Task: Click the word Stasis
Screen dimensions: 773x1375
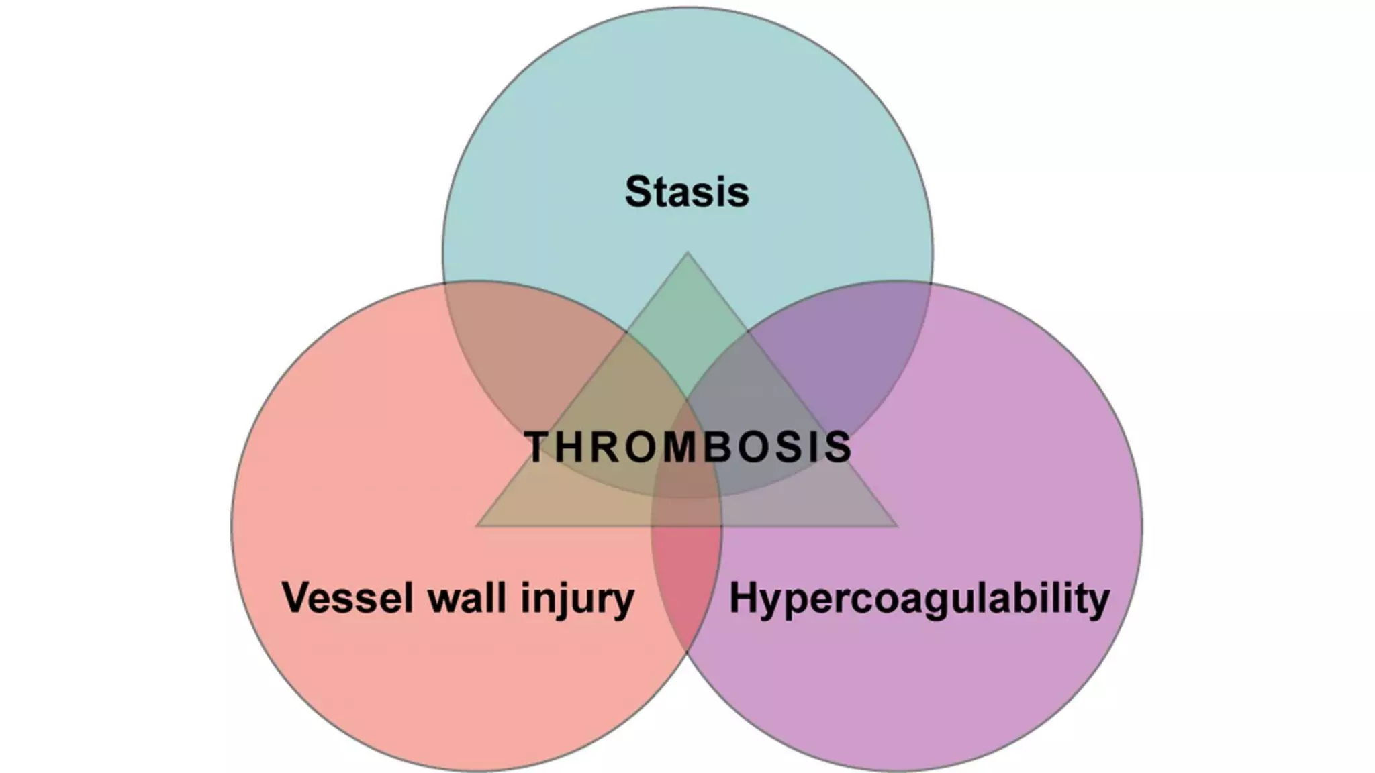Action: coord(687,191)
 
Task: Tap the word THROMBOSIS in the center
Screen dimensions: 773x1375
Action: coord(687,447)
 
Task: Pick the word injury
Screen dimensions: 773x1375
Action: coord(577,599)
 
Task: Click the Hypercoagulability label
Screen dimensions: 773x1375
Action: coord(919,599)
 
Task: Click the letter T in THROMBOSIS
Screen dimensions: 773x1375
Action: coord(540,448)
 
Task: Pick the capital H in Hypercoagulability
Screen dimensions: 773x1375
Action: coord(744,597)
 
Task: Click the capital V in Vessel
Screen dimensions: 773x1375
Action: coord(297,597)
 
